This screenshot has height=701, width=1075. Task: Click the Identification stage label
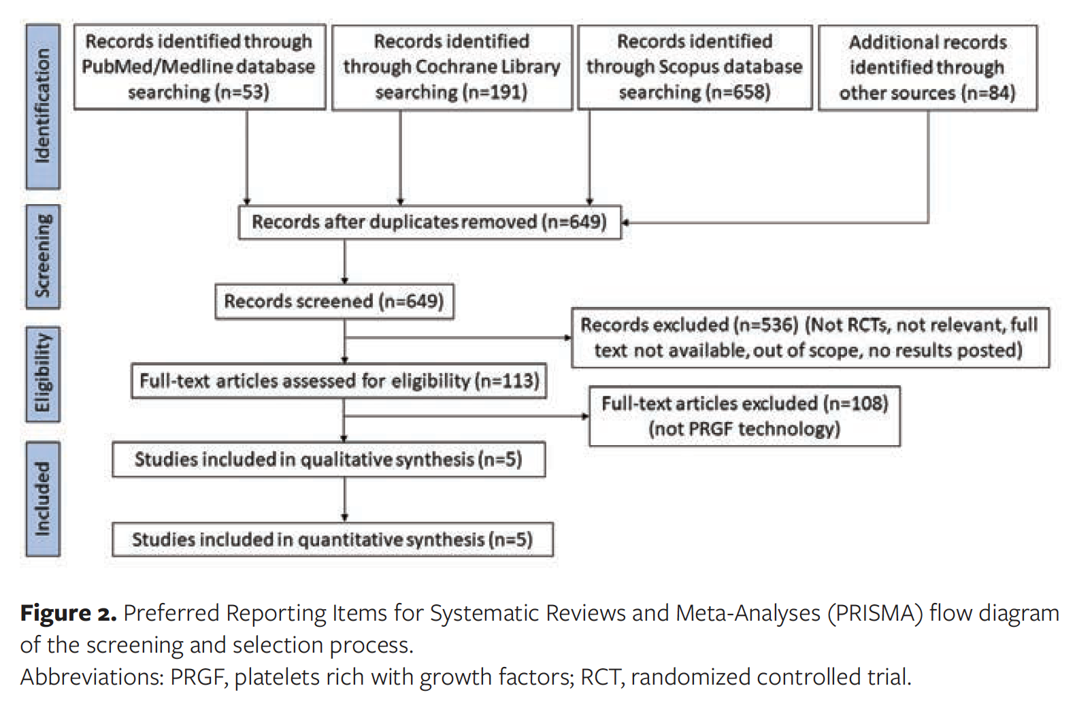tap(42, 106)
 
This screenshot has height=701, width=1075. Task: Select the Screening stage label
tap(42, 257)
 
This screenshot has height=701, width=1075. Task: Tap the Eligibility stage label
tap(42, 374)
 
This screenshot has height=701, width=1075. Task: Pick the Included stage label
tap(42, 499)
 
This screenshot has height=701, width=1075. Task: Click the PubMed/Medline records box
tap(199, 67)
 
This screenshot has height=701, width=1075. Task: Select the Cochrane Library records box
tap(452, 67)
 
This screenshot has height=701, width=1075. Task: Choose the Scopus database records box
tap(695, 67)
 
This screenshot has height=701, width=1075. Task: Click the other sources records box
tap(927, 67)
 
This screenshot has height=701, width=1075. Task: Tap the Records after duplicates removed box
tap(429, 222)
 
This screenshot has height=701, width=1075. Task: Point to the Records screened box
tap(334, 301)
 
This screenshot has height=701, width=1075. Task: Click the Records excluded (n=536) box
tap(810, 338)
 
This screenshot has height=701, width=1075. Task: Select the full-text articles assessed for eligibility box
tap(339, 380)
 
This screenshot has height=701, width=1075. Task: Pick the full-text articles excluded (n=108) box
tap(744, 416)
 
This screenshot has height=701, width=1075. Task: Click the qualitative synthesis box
tap(329, 459)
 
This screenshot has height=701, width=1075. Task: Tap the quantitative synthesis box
tap(332, 540)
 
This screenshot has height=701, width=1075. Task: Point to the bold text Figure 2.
tap(68, 613)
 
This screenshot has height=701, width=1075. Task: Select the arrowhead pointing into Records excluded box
tap(567, 338)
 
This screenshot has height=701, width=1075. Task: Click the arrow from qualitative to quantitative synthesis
tap(345, 500)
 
